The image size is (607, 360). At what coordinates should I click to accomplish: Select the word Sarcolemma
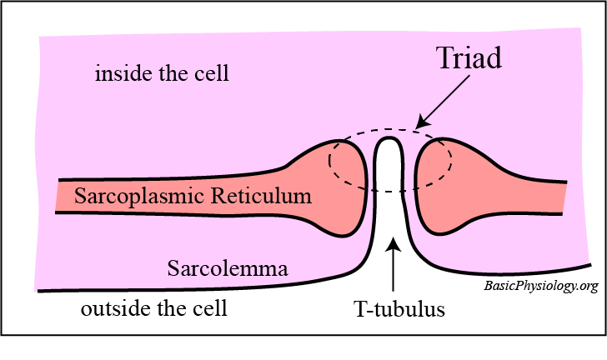click(x=228, y=269)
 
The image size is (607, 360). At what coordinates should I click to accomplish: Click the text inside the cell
click(x=162, y=74)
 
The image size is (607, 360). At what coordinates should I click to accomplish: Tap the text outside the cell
click(x=153, y=309)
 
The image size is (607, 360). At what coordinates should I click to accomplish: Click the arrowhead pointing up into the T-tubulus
click(x=393, y=245)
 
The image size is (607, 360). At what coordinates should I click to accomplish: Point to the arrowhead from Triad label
click(x=420, y=123)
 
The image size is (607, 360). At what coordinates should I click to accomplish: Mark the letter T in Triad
click(x=443, y=59)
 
